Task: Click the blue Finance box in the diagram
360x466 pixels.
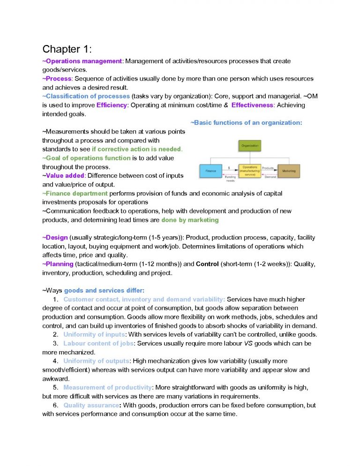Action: pyautogui.click(x=211, y=171)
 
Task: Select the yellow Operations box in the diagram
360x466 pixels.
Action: pyautogui.click(x=250, y=170)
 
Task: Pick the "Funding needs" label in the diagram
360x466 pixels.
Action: pyautogui.click(x=230, y=178)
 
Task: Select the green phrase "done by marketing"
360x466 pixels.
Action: pyautogui.click(x=190, y=219)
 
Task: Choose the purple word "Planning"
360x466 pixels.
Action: pyautogui.click(x=59, y=264)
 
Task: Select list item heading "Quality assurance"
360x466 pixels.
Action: pyautogui.click(x=91, y=405)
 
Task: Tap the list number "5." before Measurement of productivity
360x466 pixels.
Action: pyautogui.click(x=55, y=387)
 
